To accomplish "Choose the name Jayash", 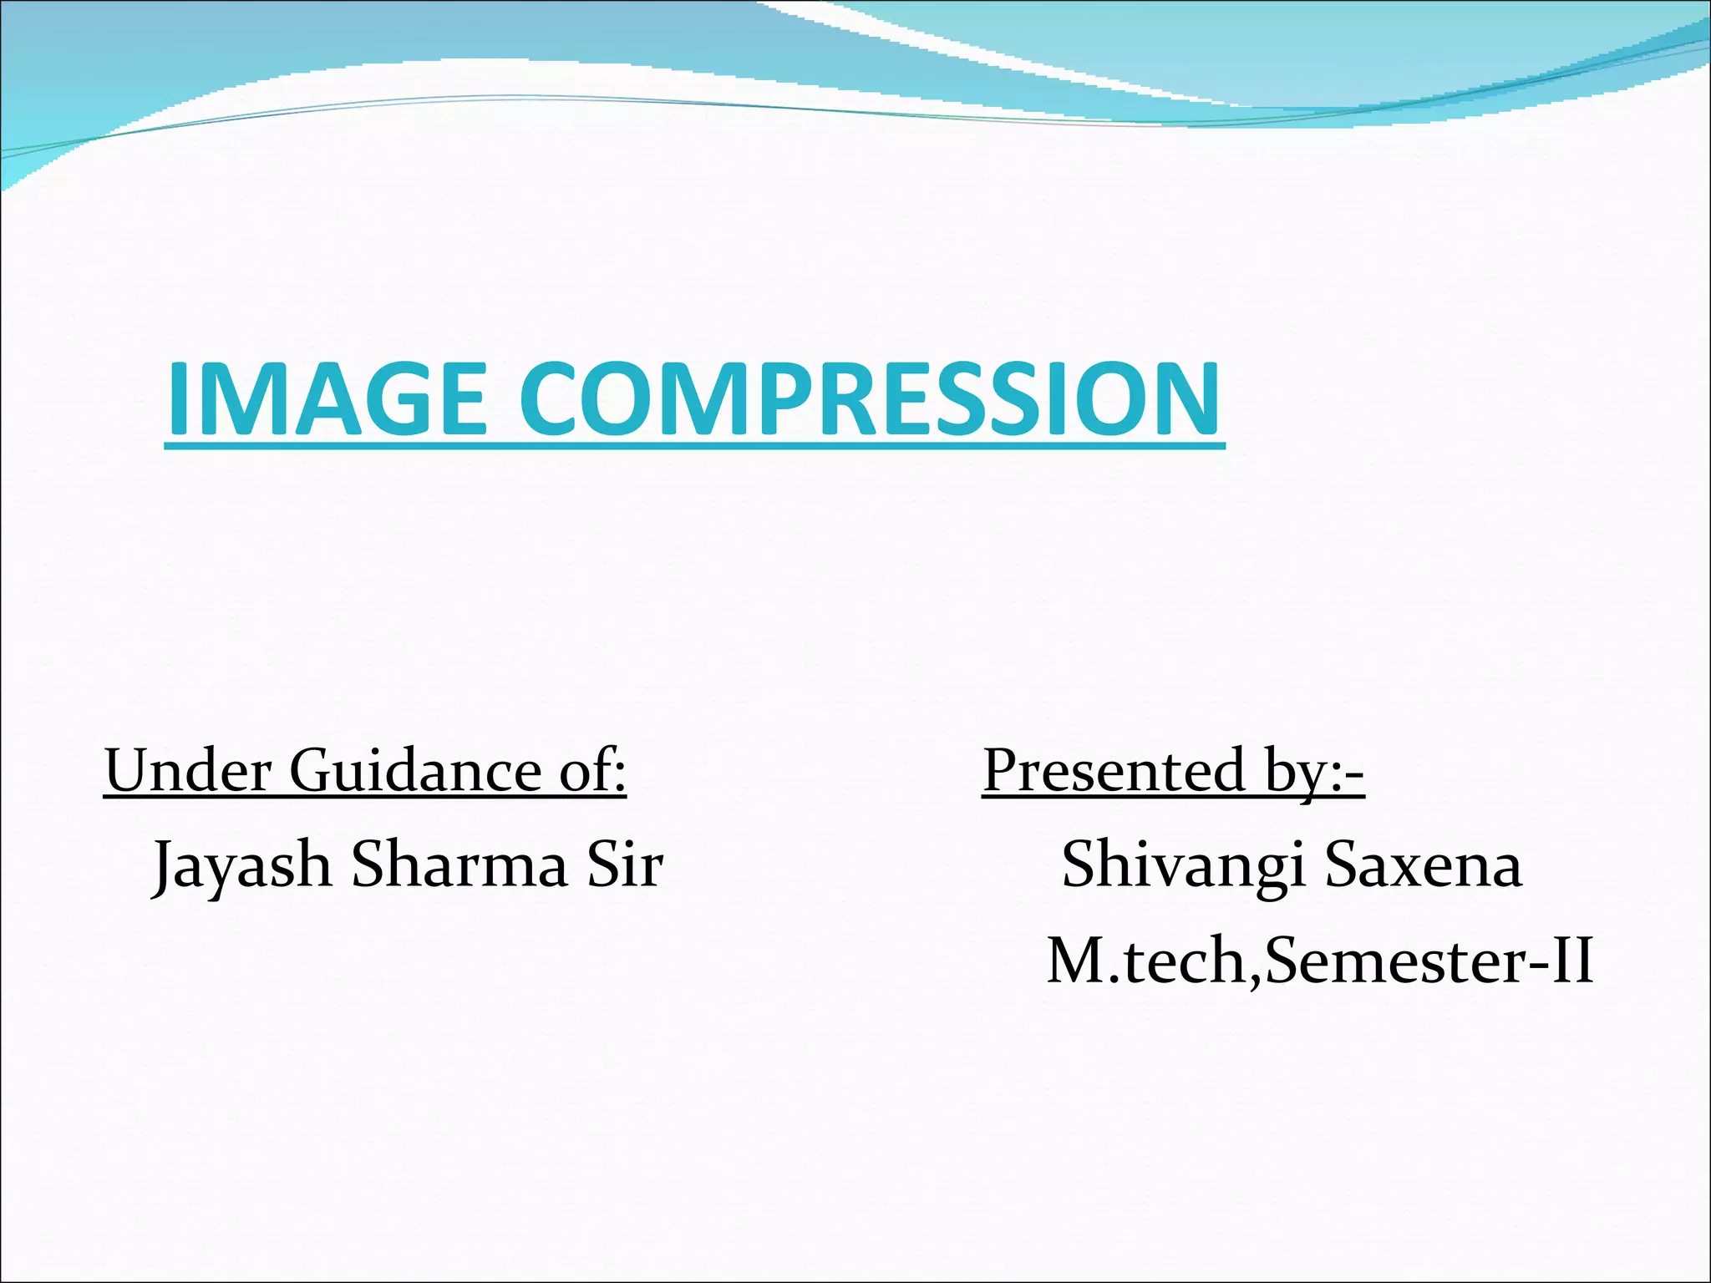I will click(x=242, y=865).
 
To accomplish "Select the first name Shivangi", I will click(x=1183, y=865).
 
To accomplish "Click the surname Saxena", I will click(x=1424, y=864).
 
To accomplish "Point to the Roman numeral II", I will click(x=1571, y=961).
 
